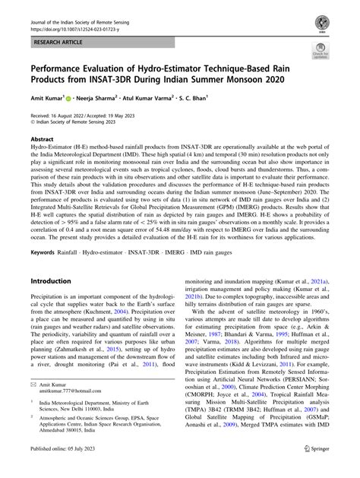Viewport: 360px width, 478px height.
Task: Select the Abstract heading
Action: pos(42,140)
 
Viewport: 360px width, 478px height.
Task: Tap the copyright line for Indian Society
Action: pos(77,125)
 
